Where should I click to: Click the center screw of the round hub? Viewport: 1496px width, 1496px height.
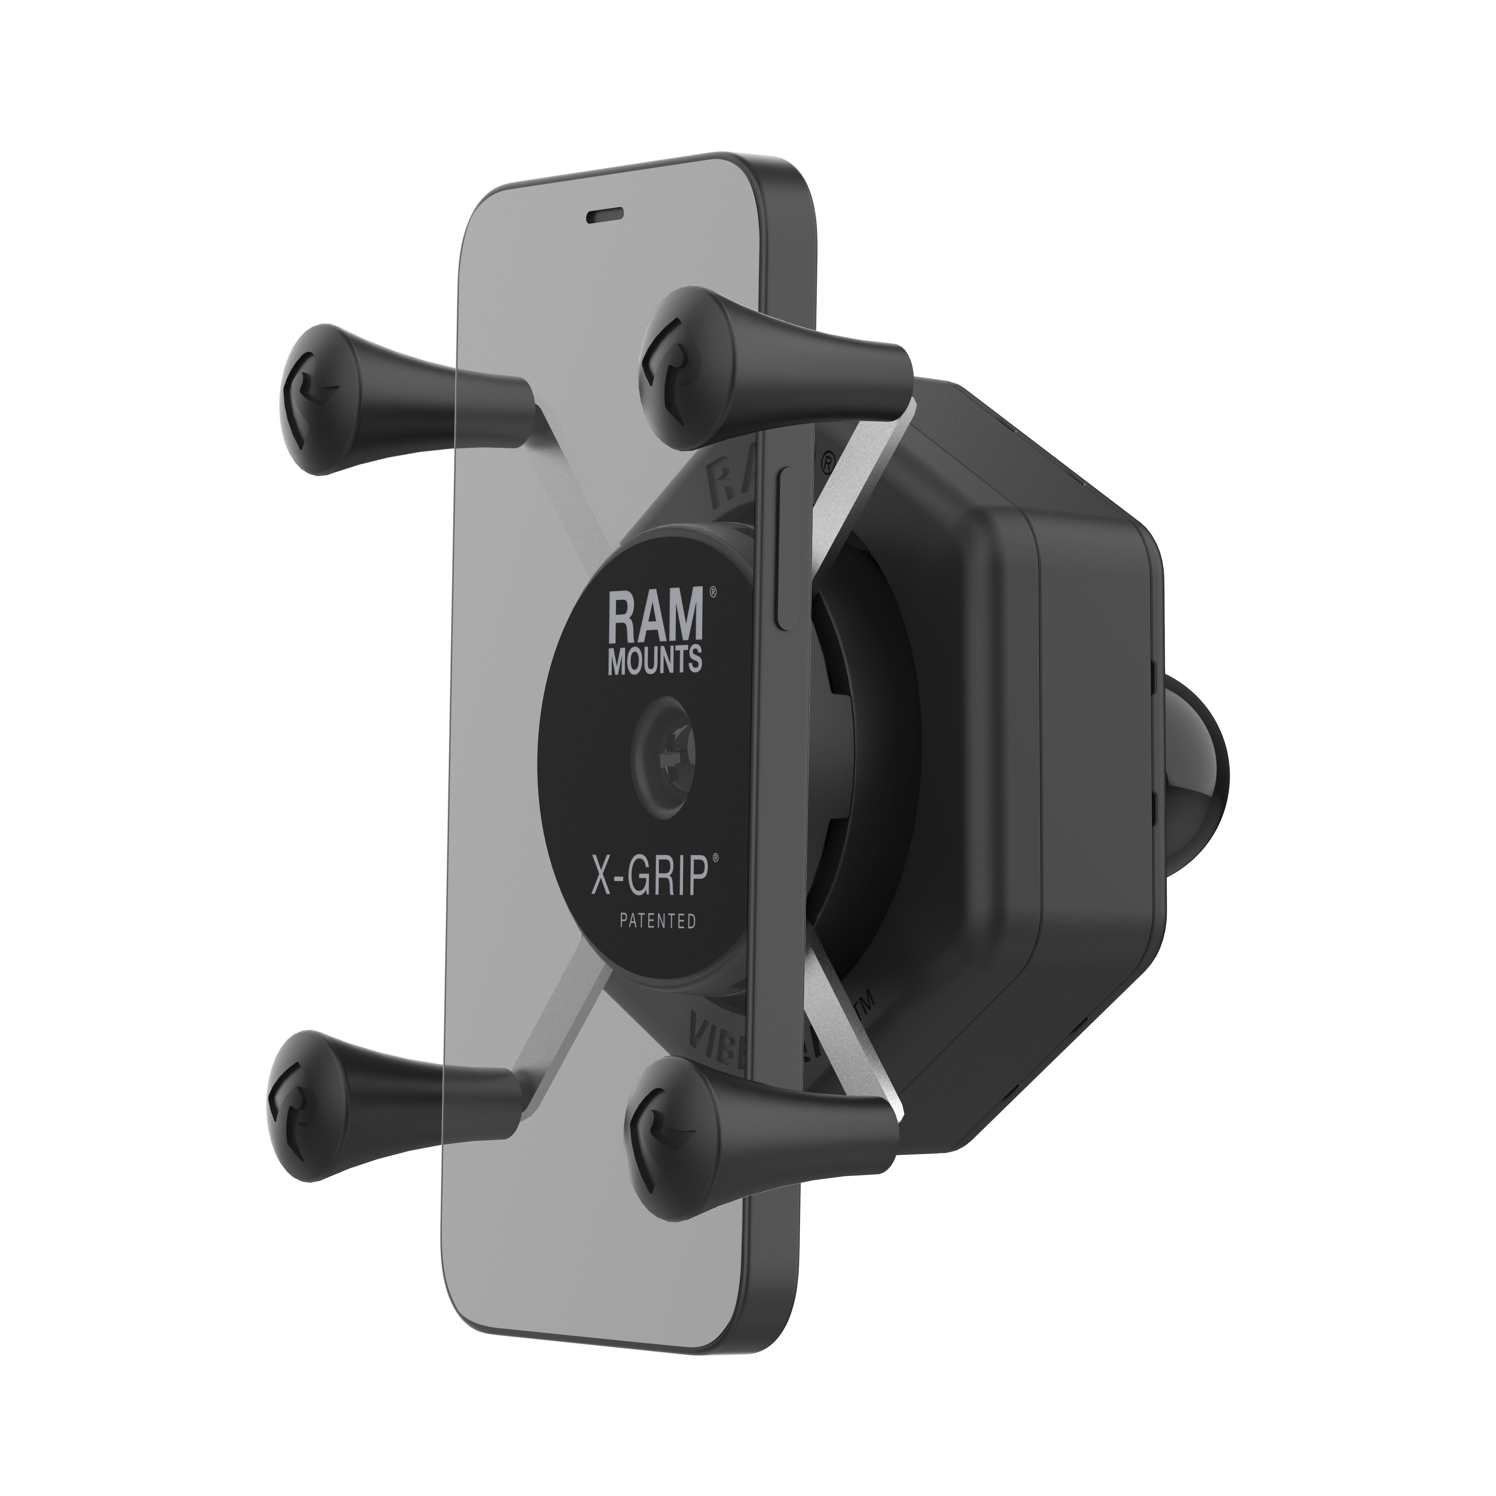pos(664,749)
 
